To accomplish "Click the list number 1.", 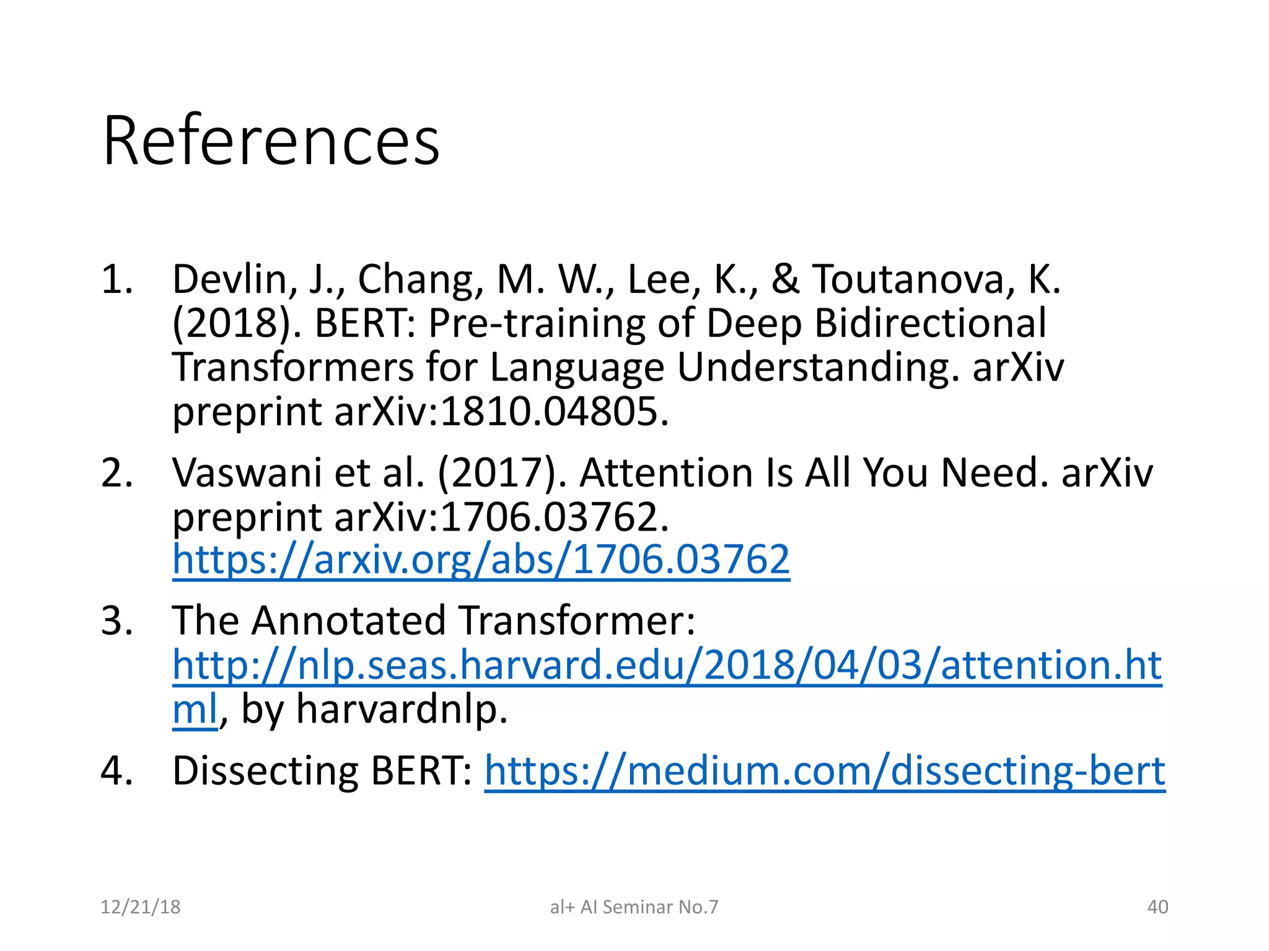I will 116,279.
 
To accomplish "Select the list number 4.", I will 116,771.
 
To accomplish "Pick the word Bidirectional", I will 929,323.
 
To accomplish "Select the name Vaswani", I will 247,473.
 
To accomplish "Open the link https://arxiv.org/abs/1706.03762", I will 481,560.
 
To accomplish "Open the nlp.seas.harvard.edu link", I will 666,665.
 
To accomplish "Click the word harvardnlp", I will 402,709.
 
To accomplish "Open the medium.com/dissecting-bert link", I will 824,771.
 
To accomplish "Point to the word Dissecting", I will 265,771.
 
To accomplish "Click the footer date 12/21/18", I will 140,907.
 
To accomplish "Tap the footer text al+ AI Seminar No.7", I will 634,907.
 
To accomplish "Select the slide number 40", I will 1157,907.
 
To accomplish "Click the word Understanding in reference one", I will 814,368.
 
